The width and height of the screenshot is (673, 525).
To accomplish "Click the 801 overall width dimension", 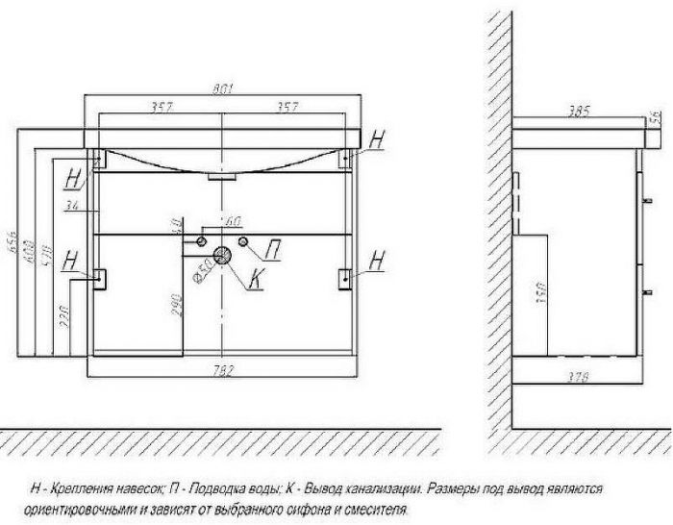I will point(223,90).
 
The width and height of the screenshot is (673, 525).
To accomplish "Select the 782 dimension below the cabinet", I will point(223,367).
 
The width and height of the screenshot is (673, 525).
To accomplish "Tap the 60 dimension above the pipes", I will point(231,222).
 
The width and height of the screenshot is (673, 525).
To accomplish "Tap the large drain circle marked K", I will point(223,256).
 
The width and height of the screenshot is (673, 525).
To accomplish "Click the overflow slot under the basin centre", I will point(223,177).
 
